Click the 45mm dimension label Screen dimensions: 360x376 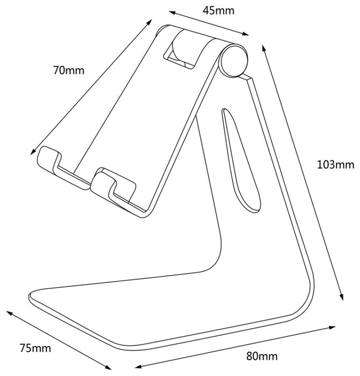[218, 11]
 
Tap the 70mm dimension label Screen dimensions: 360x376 [69, 70]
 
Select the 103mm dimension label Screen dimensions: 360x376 [335, 165]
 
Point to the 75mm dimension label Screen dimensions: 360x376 [35, 348]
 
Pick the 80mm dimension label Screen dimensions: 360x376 [262, 356]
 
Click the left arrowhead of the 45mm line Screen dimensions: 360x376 [172, 13]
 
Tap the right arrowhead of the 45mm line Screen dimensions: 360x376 [246, 33]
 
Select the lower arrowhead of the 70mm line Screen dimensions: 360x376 [33, 152]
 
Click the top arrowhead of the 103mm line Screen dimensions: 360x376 [263, 48]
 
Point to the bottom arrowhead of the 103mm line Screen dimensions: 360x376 [342, 297]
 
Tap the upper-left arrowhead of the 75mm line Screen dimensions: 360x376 [9, 313]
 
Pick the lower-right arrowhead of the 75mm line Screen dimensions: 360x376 [108, 367]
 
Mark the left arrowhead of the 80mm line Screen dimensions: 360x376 [138, 367]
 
